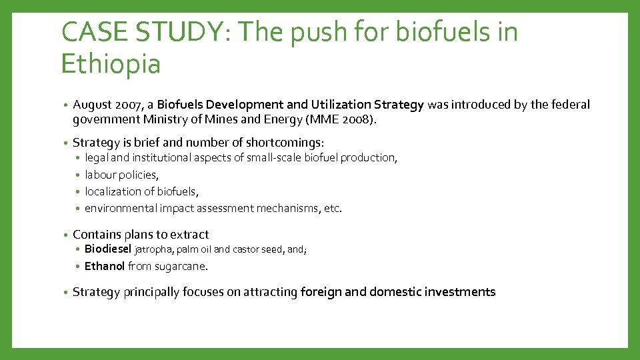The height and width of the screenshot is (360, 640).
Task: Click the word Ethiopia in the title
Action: (110, 65)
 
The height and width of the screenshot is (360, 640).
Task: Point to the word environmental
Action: (120, 208)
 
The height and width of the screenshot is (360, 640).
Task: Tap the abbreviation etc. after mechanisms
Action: (332, 208)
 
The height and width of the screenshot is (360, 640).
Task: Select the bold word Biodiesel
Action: (108, 249)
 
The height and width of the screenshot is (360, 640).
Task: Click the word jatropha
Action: (154, 250)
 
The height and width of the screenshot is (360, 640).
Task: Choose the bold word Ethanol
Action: (105, 266)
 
